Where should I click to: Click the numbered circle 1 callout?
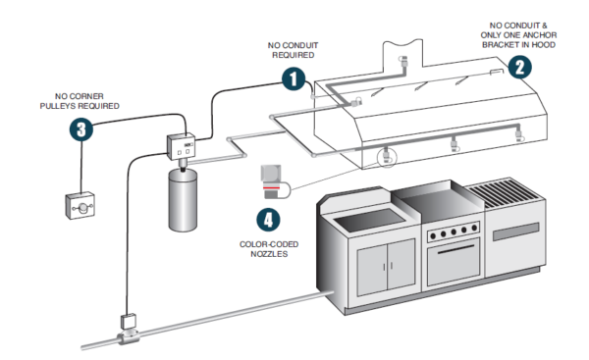pos(294,78)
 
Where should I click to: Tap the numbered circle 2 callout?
pos(520,68)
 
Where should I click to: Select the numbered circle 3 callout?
pos(81,129)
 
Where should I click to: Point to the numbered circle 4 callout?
pos(268,220)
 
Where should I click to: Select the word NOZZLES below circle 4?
pos(269,254)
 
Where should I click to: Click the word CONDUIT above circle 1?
pos(300,45)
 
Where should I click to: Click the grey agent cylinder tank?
pos(183,200)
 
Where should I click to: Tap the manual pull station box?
pos(80,205)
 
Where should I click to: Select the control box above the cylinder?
pos(181,146)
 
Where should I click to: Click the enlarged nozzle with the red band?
pos(271,181)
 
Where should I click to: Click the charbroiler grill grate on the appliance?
pos(504,192)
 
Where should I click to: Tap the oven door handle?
pos(455,249)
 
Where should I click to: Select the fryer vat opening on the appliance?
pos(370,220)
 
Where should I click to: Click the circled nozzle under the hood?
pos(386,156)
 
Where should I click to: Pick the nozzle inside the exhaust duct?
pos(404,61)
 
